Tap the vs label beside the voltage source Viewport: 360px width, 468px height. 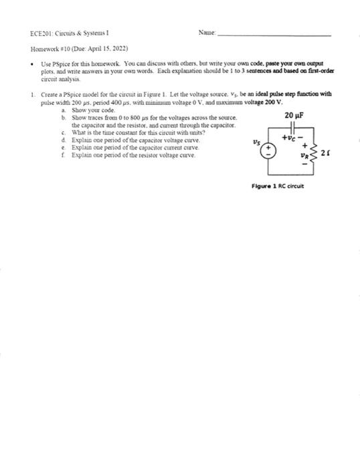point(255,142)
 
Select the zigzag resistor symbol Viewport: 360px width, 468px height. point(317,153)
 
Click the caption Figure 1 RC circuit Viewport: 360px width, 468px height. point(280,187)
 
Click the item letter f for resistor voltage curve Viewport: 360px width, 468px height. point(62,154)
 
